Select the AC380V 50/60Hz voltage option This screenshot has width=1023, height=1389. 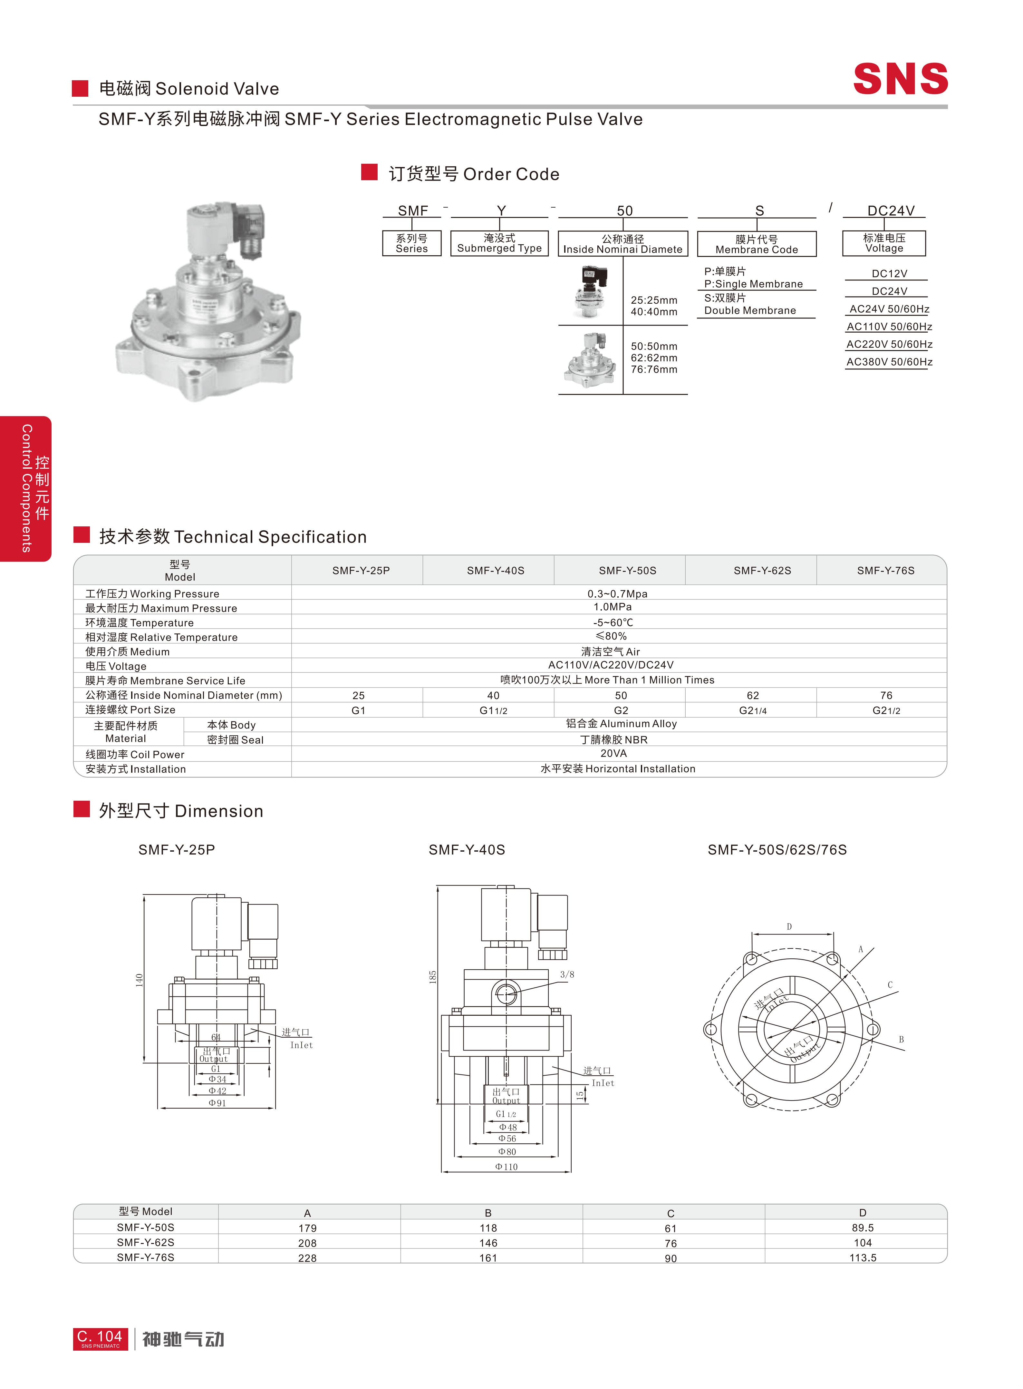[x=889, y=362]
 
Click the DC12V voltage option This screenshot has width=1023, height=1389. [x=889, y=273]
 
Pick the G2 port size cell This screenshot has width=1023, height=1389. [x=621, y=710]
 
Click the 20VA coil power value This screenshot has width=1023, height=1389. [x=613, y=753]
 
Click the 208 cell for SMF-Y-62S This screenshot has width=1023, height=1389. [x=307, y=1243]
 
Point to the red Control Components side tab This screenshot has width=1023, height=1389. [x=26, y=488]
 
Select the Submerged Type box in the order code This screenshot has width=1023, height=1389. [x=499, y=243]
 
